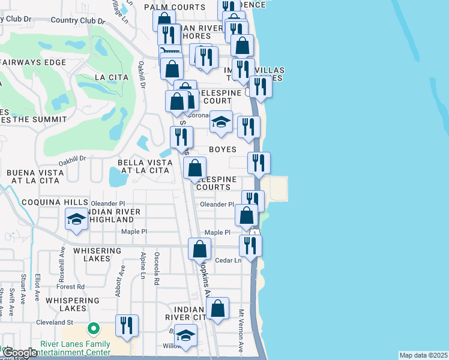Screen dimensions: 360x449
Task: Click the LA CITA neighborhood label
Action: click(108, 77)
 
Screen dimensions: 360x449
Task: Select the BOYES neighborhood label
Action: click(222, 149)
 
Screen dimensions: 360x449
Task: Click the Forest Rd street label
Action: click(72, 287)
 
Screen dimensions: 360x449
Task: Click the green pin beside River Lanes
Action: click(93, 329)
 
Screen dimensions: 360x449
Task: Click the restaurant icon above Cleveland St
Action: click(127, 325)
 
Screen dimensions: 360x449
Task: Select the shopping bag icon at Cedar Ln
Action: click(199, 248)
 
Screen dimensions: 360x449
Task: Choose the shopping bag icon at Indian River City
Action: click(218, 308)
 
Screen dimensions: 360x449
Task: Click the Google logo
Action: click(20, 353)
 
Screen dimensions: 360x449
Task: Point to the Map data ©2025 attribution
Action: click(423, 355)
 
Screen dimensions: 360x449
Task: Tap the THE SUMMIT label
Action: click(39, 119)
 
